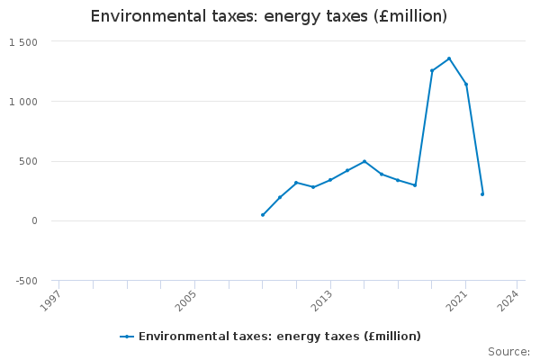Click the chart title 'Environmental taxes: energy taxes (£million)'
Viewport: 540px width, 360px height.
[269, 16]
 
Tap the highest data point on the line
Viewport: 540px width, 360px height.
[449, 58]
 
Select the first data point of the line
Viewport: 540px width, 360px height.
[263, 215]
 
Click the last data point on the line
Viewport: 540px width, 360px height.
[482, 193]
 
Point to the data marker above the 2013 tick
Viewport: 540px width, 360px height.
[330, 180]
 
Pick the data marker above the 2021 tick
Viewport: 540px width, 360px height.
[466, 85]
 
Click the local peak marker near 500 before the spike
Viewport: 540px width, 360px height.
[364, 161]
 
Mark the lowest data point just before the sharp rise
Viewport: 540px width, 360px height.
[415, 185]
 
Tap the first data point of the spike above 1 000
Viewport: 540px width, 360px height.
[432, 71]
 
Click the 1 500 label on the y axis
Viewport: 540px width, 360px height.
[23, 42]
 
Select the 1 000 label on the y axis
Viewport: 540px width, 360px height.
[23, 102]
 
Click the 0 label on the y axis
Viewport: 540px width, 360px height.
[33, 221]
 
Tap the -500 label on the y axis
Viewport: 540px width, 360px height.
[25, 281]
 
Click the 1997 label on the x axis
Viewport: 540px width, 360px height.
[52, 298]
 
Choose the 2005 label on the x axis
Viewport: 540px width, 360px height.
[188, 298]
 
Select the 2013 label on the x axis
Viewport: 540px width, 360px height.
[323, 298]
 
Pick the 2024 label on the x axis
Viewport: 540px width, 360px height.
[510, 298]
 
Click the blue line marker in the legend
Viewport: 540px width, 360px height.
[127, 337]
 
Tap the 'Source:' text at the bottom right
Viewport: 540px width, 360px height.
[508, 352]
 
